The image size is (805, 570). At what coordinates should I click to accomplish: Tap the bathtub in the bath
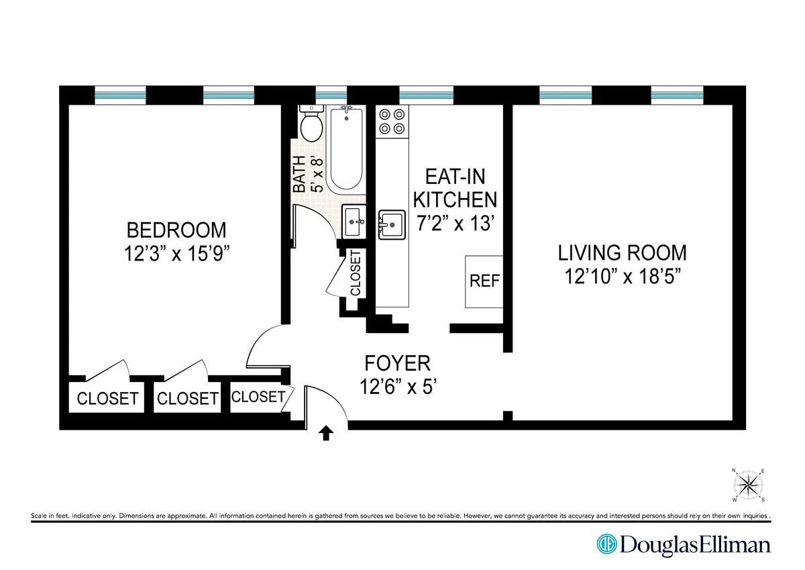point(345,150)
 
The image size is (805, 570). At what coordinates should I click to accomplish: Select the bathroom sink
point(354,222)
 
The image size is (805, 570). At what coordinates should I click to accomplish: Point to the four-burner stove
point(392,122)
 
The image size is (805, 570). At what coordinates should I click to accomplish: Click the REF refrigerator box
point(484,281)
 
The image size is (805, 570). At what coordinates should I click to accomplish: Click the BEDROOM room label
point(177,230)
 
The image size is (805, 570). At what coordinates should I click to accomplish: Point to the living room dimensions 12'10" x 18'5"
point(623,276)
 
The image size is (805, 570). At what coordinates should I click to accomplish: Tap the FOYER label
point(397,363)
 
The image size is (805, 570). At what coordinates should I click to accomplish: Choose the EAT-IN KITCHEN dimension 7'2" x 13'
point(455,224)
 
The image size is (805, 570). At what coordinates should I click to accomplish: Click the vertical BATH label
point(300,175)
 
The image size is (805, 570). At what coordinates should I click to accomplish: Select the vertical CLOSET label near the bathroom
point(355,273)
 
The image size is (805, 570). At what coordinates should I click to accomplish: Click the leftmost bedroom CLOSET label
point(107,398)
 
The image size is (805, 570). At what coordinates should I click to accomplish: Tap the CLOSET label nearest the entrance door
point(258,397)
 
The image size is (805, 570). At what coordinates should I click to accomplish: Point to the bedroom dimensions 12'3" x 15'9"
point(177,253)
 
